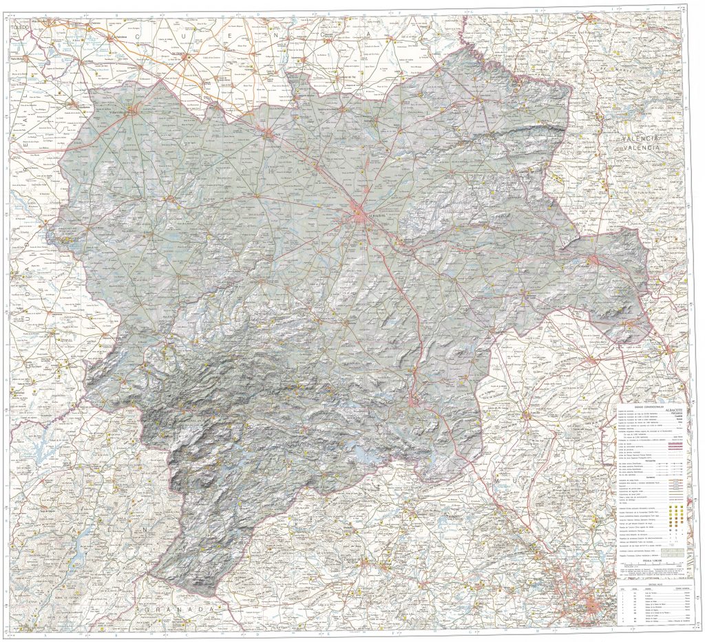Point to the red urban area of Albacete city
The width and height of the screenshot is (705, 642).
359,212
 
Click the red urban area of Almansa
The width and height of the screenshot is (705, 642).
593,259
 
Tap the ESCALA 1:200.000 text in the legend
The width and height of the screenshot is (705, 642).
651,561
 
